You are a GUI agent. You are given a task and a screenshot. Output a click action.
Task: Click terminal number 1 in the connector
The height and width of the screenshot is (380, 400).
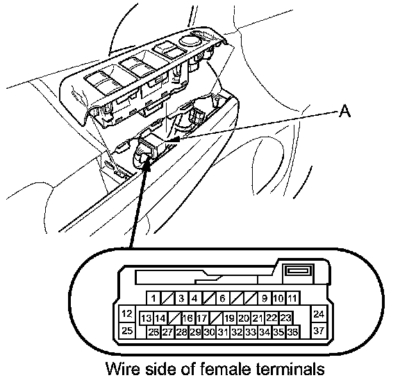point(153,297)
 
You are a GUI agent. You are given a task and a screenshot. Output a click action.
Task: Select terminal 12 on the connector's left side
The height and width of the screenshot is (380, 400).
point(127,314)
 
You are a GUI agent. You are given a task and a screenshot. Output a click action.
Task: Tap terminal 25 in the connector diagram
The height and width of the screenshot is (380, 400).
point(127,331)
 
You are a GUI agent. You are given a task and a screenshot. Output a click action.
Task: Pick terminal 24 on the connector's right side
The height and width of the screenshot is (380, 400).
point(319,314)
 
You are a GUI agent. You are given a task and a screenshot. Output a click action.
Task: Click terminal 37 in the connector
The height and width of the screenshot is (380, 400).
point(319,331)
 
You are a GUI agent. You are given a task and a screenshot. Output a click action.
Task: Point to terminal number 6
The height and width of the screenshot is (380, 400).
point(222,297)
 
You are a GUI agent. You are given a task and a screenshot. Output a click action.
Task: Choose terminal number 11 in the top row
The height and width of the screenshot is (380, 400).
point(292,297)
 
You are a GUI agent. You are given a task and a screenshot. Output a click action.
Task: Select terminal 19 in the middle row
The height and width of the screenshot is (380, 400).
point(229,318)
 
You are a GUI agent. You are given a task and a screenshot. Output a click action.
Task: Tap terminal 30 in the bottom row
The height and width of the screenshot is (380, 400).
point(209,332)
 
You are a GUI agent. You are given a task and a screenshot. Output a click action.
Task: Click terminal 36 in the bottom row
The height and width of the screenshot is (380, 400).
point(292,332)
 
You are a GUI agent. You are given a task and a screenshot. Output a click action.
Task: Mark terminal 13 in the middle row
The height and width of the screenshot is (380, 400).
point(146,318)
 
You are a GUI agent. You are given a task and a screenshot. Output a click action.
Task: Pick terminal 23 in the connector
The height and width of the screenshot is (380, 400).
point(285,318)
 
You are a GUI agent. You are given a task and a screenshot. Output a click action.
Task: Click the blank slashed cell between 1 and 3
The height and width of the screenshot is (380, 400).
point(167,297)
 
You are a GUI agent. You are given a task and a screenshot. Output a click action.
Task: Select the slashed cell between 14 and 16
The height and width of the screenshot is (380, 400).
point(174,318)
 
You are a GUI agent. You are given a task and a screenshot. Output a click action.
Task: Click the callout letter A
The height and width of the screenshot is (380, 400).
point(344,112)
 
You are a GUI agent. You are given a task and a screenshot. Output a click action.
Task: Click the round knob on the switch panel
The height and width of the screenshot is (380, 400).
point(191,40)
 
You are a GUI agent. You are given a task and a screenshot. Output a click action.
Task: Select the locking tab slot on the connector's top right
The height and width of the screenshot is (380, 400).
point(299,270)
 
